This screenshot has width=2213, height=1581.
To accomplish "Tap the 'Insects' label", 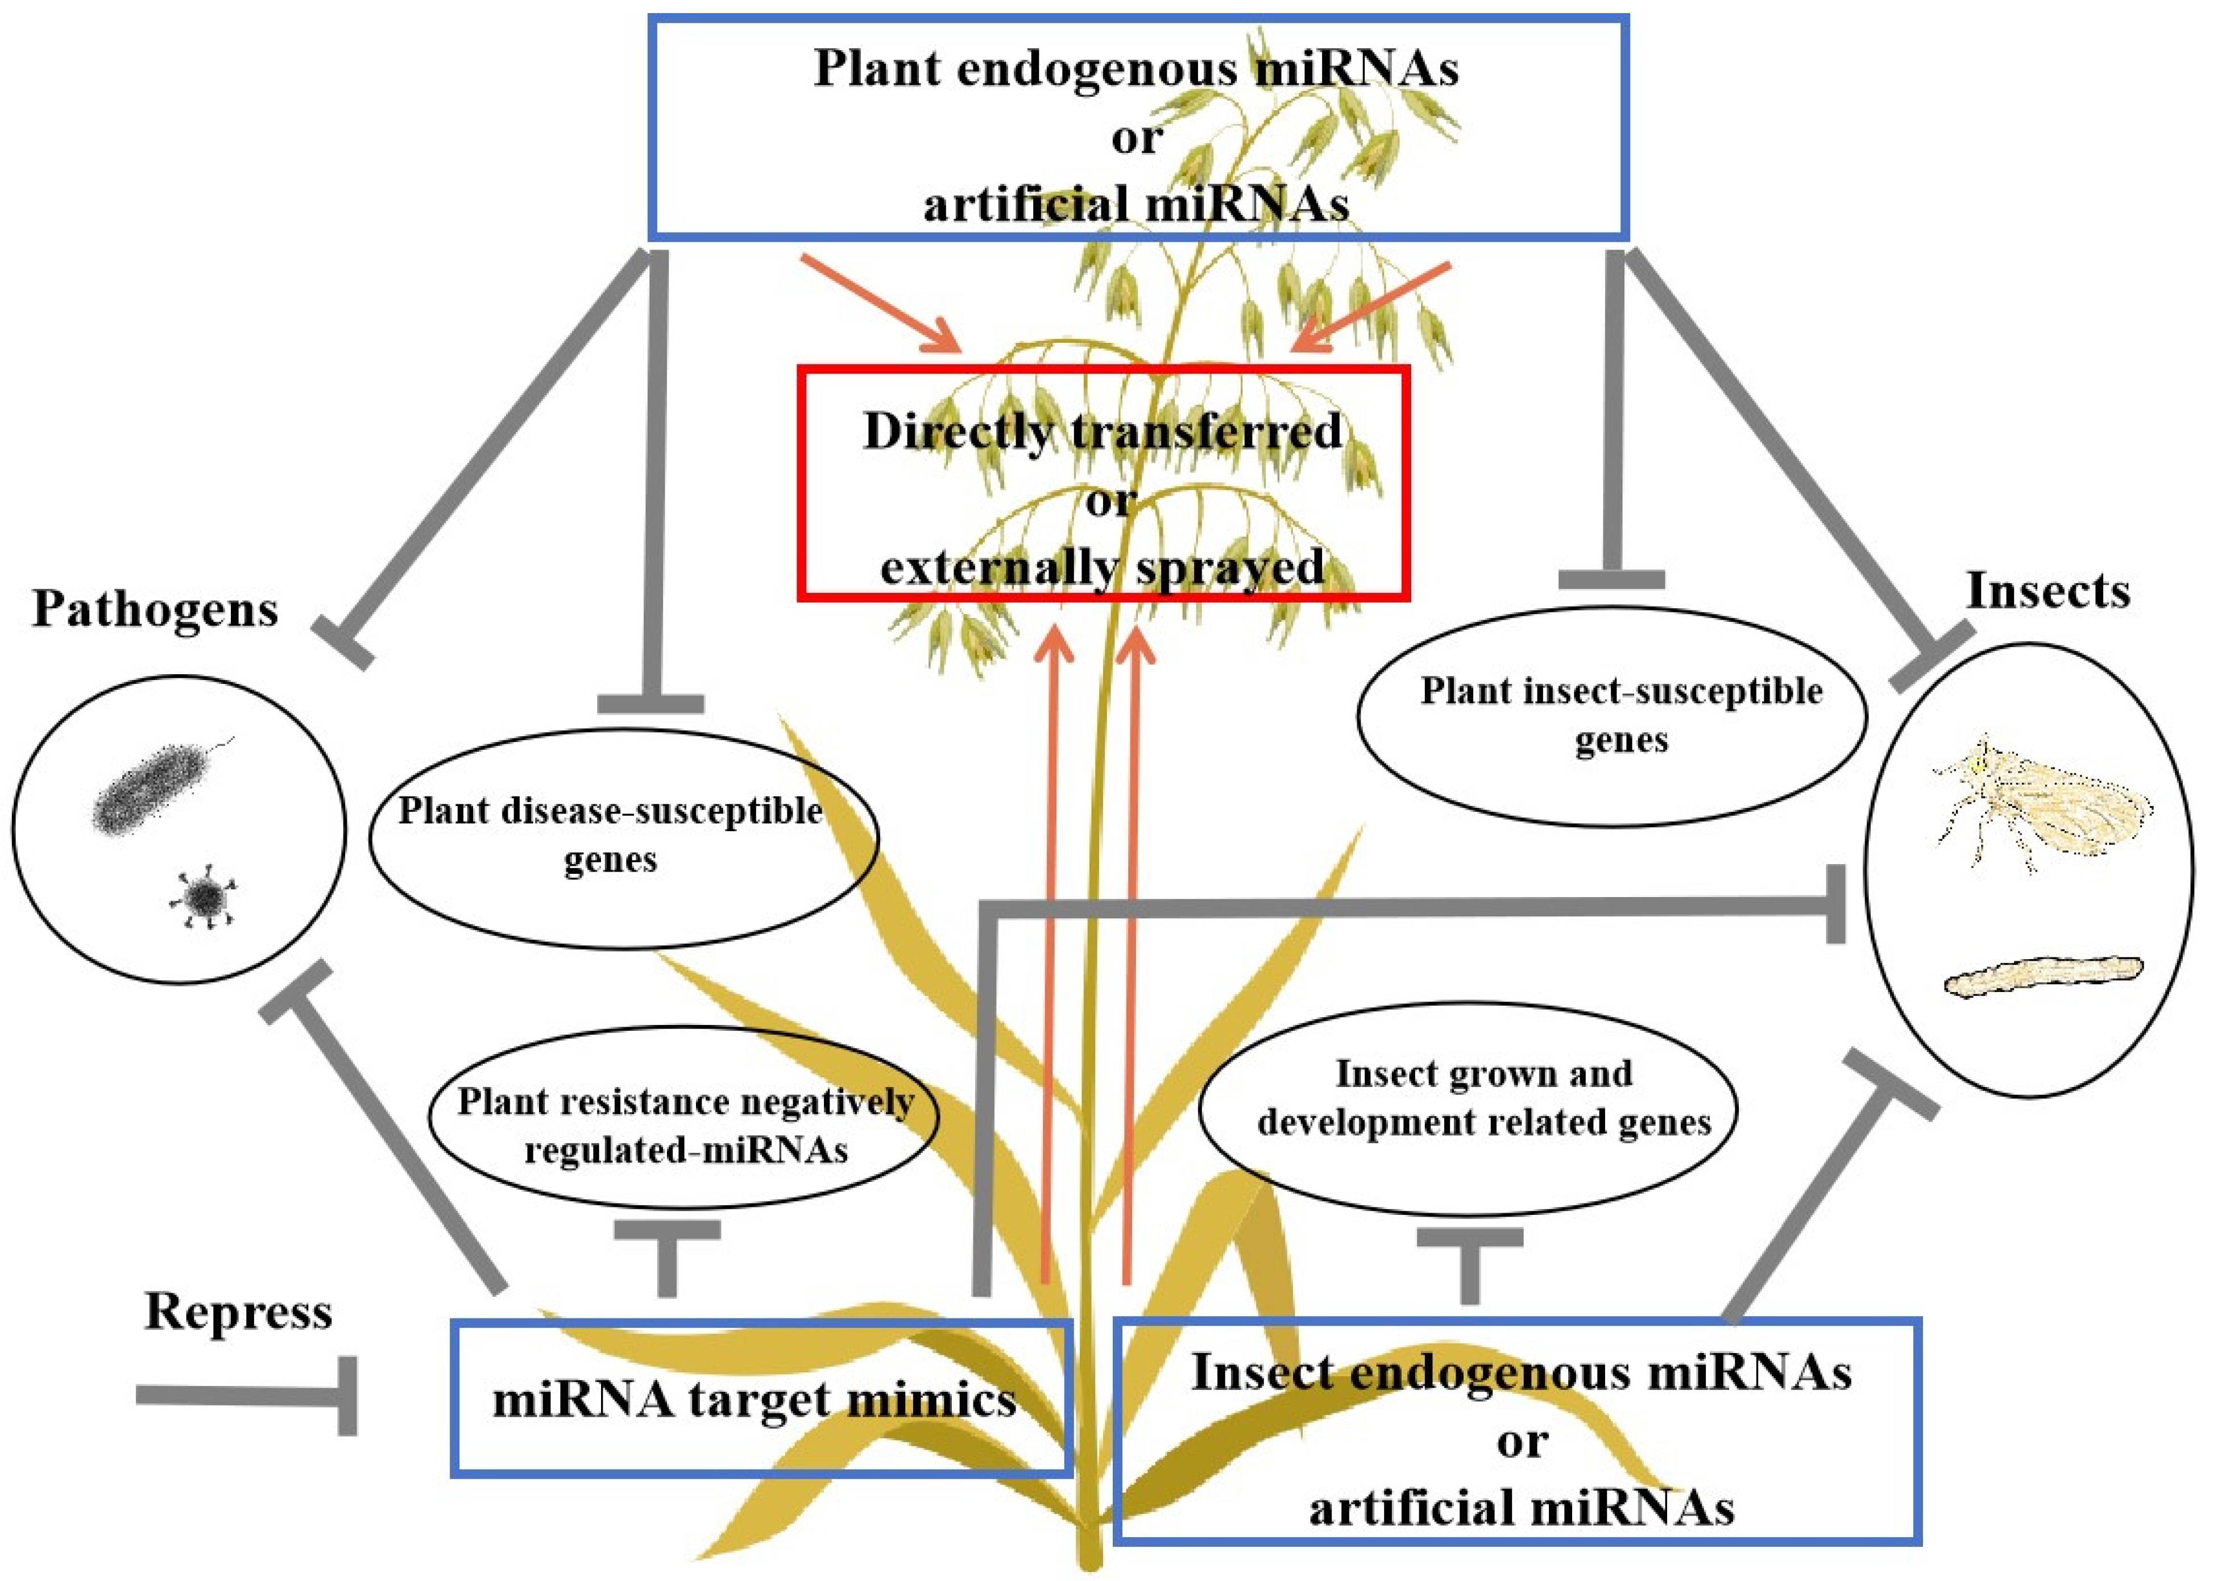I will pyautogui.click(x=2048, y=591).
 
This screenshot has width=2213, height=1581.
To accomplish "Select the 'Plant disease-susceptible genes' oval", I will pyautogui.click(x=623, y=837).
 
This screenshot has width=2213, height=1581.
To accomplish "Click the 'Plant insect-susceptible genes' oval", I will pyautogui.click(x=1611, y=716).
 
